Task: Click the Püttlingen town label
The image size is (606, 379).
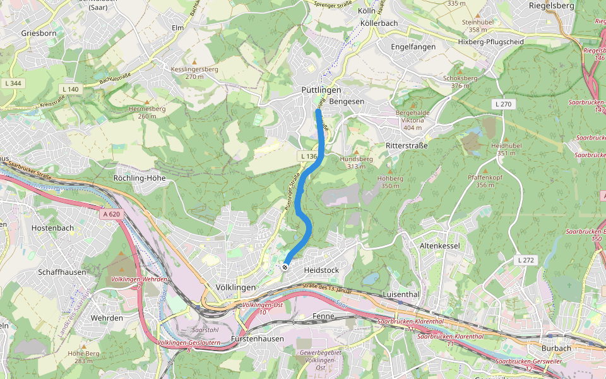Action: (x=321, y=90)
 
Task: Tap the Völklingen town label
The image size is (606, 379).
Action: (x=235, y=287)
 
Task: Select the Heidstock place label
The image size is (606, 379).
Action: (x=321, y=270)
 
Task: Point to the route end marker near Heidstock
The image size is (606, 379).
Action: (x=285, y=267)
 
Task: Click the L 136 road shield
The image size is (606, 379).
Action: (x=308, y=155)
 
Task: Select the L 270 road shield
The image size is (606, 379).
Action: (x=502, y=104)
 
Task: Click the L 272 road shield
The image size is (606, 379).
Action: (x=526, y=260)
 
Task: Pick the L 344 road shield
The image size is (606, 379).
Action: (x=12, y=83)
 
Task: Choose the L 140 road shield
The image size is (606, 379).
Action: (x=71, y=89)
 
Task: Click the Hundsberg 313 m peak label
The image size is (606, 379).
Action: (x=356, y=163)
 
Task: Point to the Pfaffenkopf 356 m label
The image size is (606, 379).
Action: (x=485, y=181)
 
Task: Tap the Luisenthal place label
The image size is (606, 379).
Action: (x=401, y=294)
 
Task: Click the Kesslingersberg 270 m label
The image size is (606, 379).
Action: (x=194, y=73)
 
